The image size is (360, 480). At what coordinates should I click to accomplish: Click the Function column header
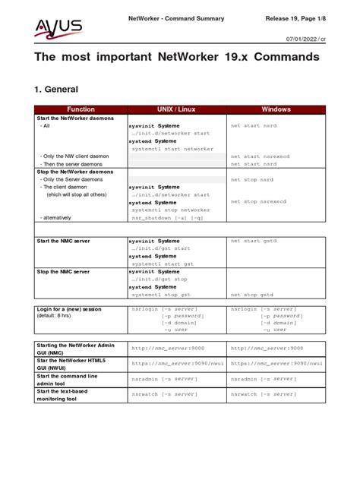click(81, 109)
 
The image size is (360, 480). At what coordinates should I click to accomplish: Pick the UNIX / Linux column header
click(176, 109)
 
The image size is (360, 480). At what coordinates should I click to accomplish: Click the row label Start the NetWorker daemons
click(76, 118)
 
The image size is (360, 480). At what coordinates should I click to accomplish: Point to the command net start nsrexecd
click(261, 156)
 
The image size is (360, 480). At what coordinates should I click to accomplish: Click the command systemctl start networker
click(172, 149)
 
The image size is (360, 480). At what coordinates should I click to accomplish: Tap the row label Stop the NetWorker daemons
click(75, 172)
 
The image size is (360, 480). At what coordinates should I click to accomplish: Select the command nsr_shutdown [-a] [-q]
click(167, 217)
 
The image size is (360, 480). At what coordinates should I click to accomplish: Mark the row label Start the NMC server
click(64, 241)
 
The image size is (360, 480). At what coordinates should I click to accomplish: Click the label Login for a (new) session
click(69, 308)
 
